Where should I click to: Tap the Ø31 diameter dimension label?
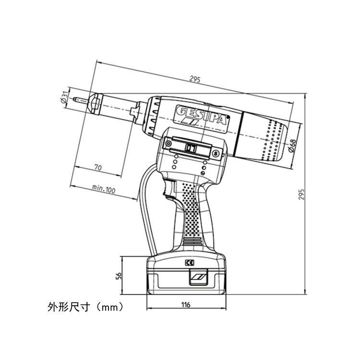click(x=65, y=97)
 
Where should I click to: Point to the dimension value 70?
click(x=98, y=168)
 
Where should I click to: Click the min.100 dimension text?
click(x=104, y=189)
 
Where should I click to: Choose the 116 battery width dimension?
click(x=186, y=305)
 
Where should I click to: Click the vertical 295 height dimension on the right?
click(x=301, y=194)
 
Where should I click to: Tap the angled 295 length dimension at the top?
click(x=195, y=79)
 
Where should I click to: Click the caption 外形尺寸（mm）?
click(x=85, y=307)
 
